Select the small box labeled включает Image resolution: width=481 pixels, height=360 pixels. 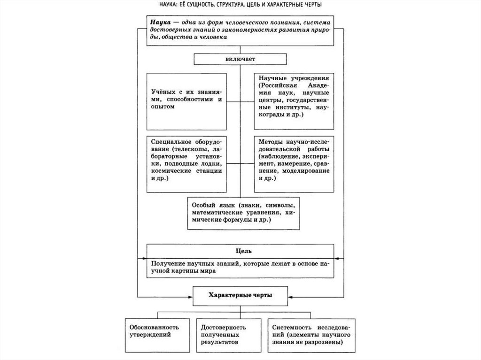click(240, 60)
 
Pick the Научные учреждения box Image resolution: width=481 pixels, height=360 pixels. click(294, 100)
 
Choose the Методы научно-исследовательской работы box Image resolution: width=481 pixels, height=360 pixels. click(294, 164)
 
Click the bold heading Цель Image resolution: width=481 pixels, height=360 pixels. click(240, 251)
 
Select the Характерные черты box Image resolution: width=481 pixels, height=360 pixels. click(240, 295)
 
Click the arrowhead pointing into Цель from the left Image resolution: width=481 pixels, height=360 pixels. click(144, 259)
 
